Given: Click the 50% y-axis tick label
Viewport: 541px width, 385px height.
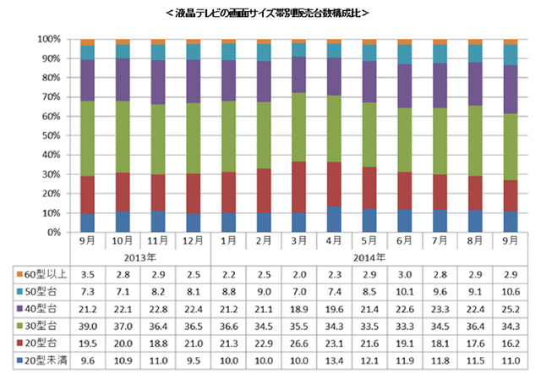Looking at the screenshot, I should tap(49, 135).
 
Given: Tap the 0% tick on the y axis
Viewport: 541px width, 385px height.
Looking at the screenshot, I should tap(52, 232).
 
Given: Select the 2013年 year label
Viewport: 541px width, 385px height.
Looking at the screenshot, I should tap(139, 256).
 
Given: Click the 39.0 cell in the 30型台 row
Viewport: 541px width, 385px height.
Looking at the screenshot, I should tap(86, 327).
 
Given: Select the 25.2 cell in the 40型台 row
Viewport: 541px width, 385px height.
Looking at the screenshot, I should tap(511, 310).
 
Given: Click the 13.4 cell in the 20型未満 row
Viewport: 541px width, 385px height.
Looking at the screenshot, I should tap(334, 362).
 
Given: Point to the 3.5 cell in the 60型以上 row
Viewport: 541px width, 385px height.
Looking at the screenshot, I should tap(86, 275).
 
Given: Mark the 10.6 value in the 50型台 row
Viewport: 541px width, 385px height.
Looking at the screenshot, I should tap(511, 293).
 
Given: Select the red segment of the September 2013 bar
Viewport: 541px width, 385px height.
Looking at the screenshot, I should tap(86, 195).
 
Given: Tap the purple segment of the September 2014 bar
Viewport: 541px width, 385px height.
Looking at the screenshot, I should tap(511, 89).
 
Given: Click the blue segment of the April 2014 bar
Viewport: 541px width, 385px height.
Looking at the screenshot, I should tap(334, 218).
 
